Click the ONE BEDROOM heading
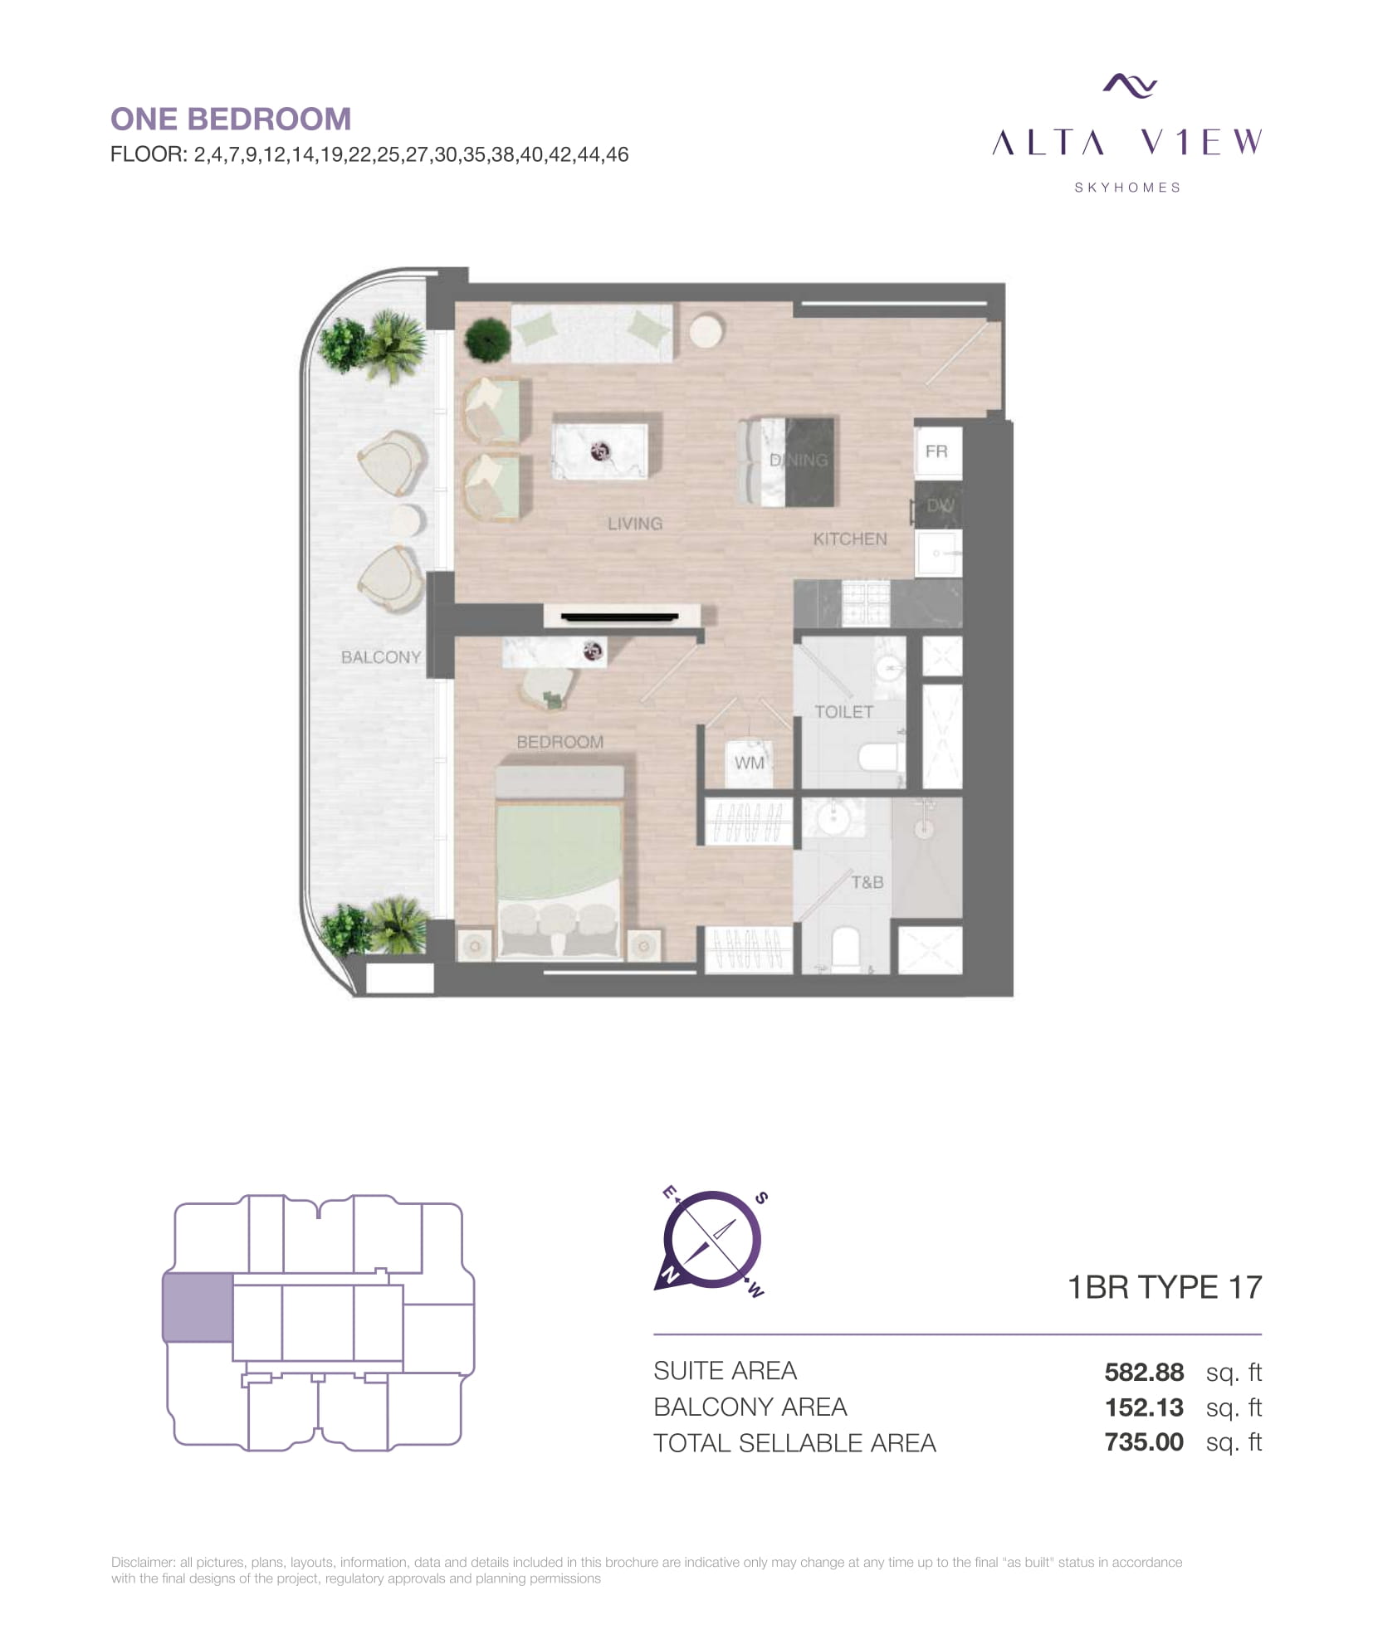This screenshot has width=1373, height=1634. click(231, 120)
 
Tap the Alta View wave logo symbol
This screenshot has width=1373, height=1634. click(1129, 85)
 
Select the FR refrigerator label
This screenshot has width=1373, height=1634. click(936, 451)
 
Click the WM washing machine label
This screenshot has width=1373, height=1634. click(749, 763)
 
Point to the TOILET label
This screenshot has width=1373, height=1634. click(843, 712)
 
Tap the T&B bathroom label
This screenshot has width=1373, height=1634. click(867, 882)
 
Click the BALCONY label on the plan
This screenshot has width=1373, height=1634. click(381, 657)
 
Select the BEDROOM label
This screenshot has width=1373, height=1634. click(560, 742)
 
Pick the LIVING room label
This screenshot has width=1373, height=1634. click(635, 524)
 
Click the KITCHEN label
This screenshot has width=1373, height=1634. click(850, 539)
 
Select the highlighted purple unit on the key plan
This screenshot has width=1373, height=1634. click(198, 1308)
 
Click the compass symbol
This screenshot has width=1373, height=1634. click(712, 1241)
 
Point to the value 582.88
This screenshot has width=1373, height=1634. click(1144, 1372)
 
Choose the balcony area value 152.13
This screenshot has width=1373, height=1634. click(1144, 1407)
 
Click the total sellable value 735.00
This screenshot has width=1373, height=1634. click(1144, 1442)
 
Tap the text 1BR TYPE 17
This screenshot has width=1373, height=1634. click(1165, 1287)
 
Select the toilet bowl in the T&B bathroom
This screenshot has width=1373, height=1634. click(845, 949)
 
